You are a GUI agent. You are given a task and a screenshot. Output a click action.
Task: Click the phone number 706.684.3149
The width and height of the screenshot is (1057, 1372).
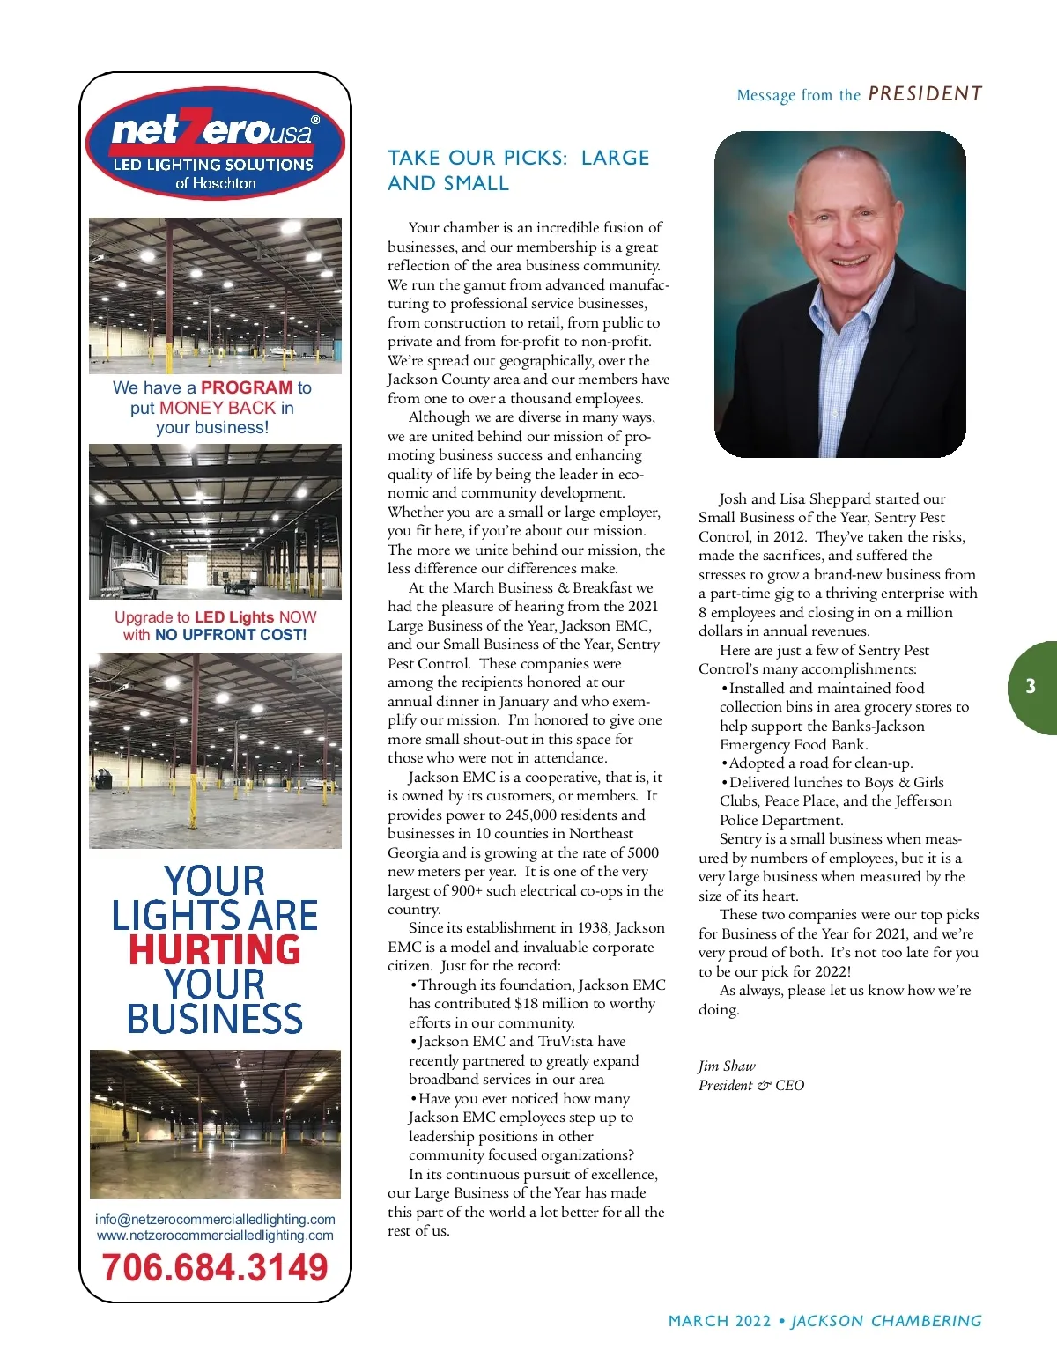(215, 1267)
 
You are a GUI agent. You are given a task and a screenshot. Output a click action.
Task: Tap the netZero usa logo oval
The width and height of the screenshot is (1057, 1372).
(215, 143)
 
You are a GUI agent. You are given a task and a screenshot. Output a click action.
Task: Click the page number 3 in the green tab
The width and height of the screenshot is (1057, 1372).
(1031, 687)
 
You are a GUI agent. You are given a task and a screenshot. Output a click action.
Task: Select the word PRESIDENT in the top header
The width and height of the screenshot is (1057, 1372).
(925, 94)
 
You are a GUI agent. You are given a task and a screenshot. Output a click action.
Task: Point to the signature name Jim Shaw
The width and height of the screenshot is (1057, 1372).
(727, 1066)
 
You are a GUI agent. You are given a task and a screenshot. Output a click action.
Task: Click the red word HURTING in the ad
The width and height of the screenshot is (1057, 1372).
(215, 949)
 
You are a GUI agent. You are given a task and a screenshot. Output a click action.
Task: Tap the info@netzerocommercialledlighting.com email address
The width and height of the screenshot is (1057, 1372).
(215, 1219)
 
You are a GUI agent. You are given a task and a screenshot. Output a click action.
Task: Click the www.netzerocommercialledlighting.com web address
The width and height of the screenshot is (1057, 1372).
(215, 1235)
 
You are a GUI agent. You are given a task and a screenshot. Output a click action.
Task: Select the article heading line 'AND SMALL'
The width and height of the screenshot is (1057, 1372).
(448, 183)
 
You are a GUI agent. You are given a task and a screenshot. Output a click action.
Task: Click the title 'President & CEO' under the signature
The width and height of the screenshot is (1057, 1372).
(751, 1085)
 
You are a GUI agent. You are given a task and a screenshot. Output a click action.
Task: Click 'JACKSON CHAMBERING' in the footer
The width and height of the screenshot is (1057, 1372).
(886, 1321)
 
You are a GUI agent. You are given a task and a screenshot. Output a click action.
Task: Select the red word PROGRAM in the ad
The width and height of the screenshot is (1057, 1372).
(247, 387)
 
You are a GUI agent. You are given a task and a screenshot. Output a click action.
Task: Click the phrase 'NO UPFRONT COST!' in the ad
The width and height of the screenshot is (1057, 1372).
(231, 635)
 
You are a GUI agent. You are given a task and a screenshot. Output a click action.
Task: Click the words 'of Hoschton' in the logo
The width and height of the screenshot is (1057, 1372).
(215, 183)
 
